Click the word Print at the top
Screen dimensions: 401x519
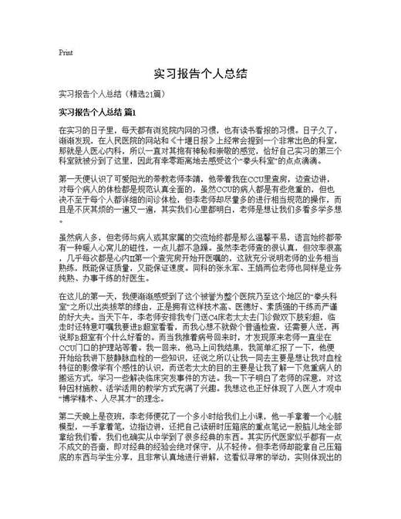66,52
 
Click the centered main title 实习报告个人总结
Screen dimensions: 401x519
200,74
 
